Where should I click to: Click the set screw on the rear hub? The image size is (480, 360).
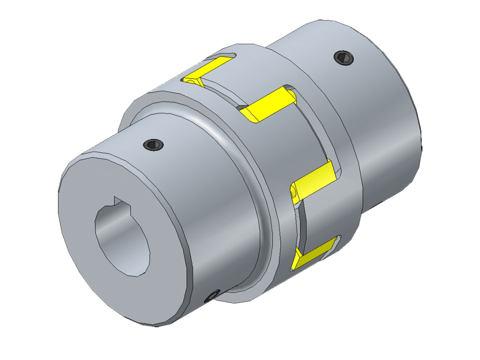(x=344, y=58)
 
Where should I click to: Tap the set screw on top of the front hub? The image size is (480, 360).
(x=153, y=145)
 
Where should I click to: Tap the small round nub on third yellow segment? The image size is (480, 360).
(x=294, y=192)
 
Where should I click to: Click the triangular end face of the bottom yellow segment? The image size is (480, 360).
(x=296, y=261)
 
